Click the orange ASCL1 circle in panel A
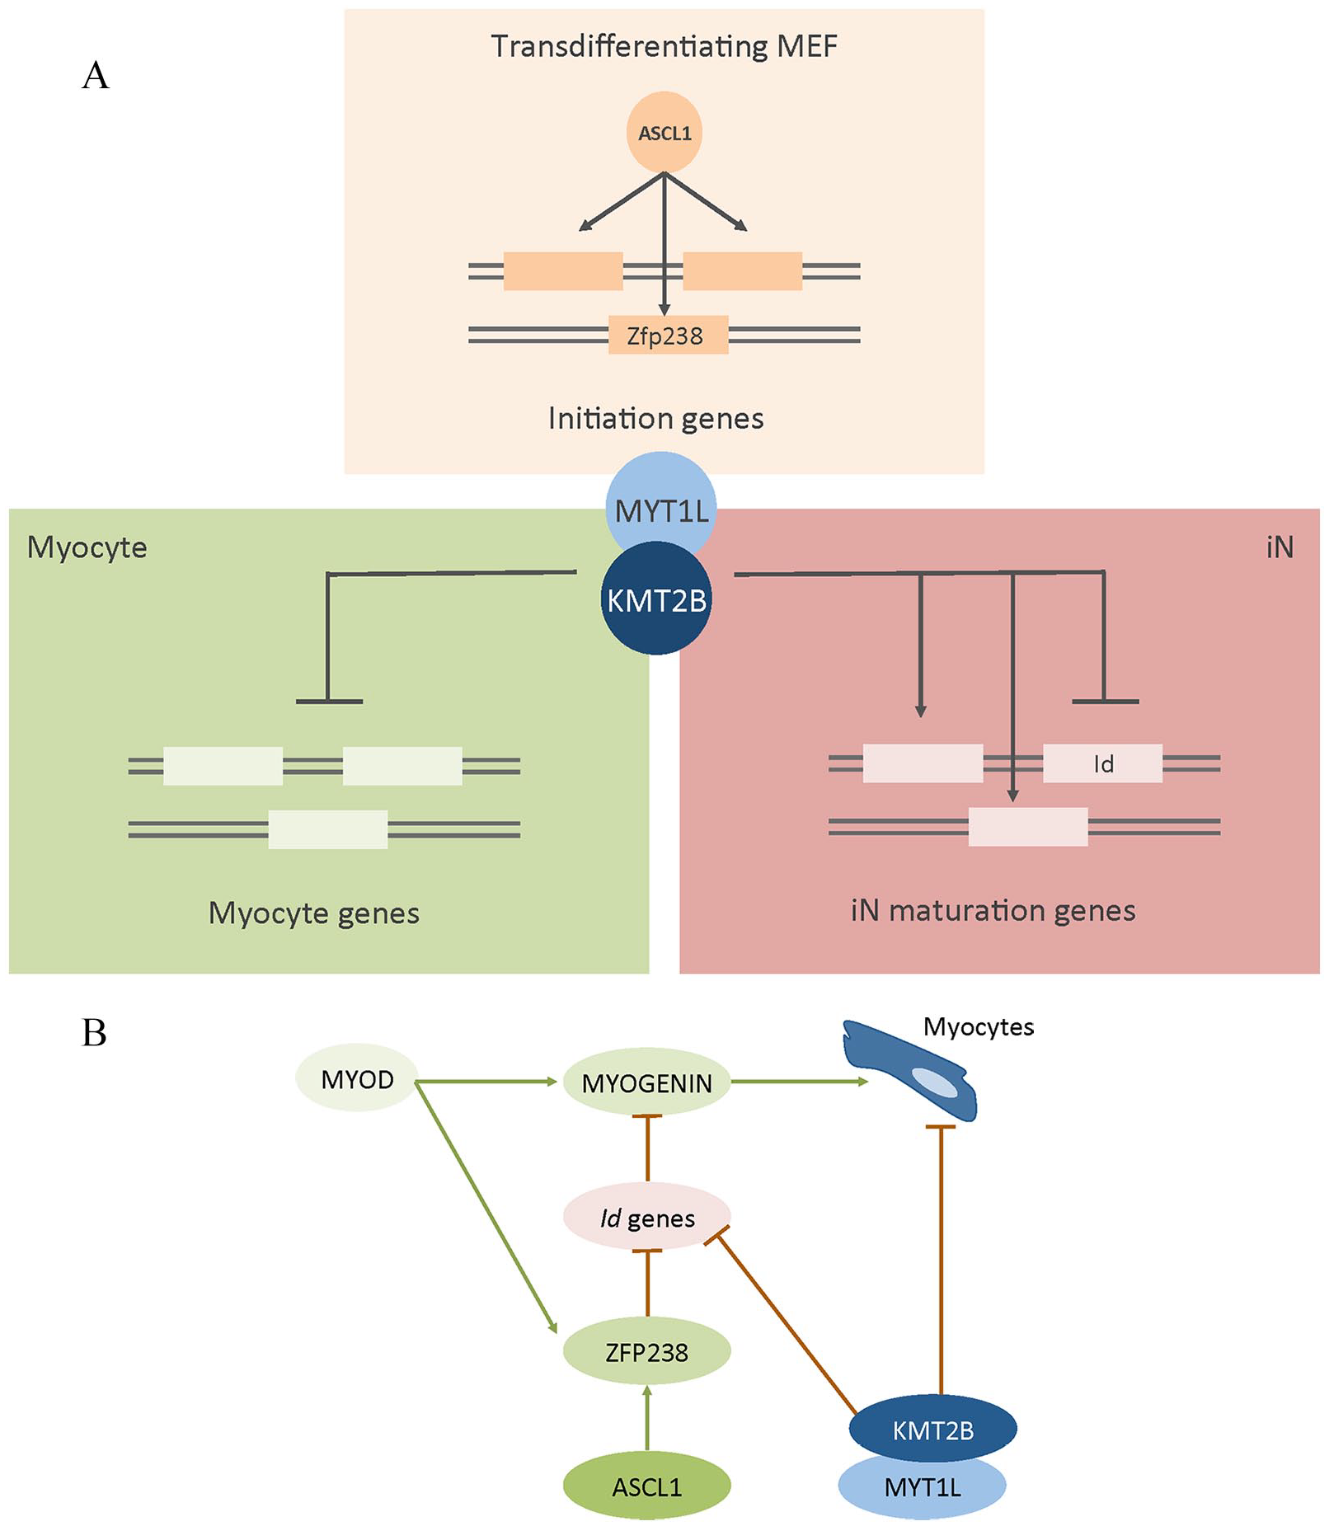coord(664,133)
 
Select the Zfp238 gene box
coord(668,335)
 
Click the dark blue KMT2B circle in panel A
coord(656,599)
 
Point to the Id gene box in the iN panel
coord(1102,763)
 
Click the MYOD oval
coord(356,1079)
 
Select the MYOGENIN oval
coord(646,1082)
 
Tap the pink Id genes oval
coord(646,1217)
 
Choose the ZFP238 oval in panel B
coord(646,1351)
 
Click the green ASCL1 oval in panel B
coord(646,1486)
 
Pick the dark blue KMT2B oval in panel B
coord(932,1429)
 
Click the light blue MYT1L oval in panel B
coord(922,1486)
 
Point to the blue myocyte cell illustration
coord(909,1070)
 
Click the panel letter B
coord(94,1033)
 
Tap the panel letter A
coord(96,75)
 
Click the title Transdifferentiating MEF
coord(664,46)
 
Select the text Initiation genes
coord(655,419)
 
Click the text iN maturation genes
coord(993,910)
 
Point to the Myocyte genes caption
coord(313,913)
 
